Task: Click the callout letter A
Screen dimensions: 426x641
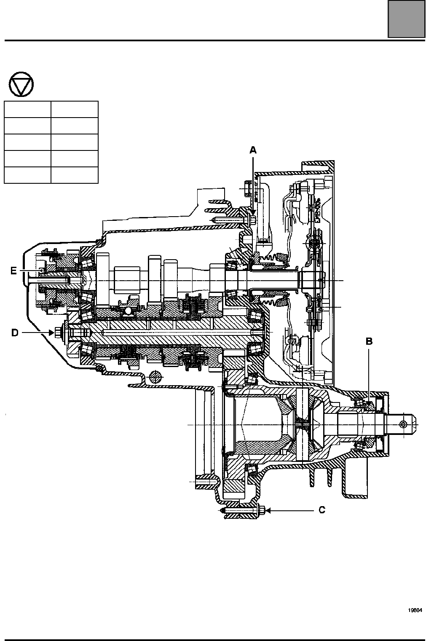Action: pyautogui.click(x=253, y=150)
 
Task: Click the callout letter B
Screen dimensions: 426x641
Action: pyautogui.click(x=370, y=341)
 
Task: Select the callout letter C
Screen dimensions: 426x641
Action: pyautogui.click(x=322, y=510)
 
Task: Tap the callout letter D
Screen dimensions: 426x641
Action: pyautogui.click(x=15, y=333)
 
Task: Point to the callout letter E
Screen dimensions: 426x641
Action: pyautogui.click(x=13, y=271)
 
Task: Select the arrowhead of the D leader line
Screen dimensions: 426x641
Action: pyautogui.click(x=51, y=333)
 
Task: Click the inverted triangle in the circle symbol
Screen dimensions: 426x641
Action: pyautogui.click(x=21, y=84)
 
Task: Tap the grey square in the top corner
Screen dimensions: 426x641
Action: pyautogui.click(x=406, y=19)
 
